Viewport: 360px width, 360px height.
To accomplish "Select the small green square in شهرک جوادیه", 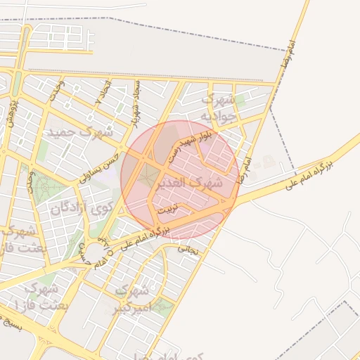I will coord(240,102).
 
